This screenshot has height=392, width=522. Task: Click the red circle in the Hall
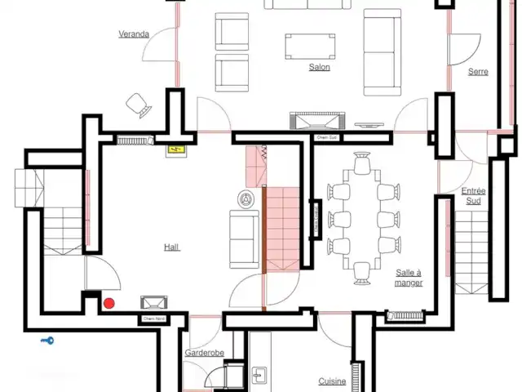(108, 303)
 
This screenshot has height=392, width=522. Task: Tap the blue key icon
(48, 341)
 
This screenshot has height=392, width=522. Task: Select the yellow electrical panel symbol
(174, 149)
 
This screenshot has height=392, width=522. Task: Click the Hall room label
(171, 247)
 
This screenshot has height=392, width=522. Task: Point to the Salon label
(319, 67)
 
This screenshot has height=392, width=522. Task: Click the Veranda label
(134, 34)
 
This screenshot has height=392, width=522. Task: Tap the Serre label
(478, 72)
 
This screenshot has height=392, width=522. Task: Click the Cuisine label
(332, 381)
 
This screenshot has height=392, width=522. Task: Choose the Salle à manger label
(408, 278)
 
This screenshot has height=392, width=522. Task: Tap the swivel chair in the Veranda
(137, 105)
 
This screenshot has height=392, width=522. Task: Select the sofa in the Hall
(242, 238)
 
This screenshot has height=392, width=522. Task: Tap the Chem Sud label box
(326, 138)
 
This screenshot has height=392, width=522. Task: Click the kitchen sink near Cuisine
(259, 375)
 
